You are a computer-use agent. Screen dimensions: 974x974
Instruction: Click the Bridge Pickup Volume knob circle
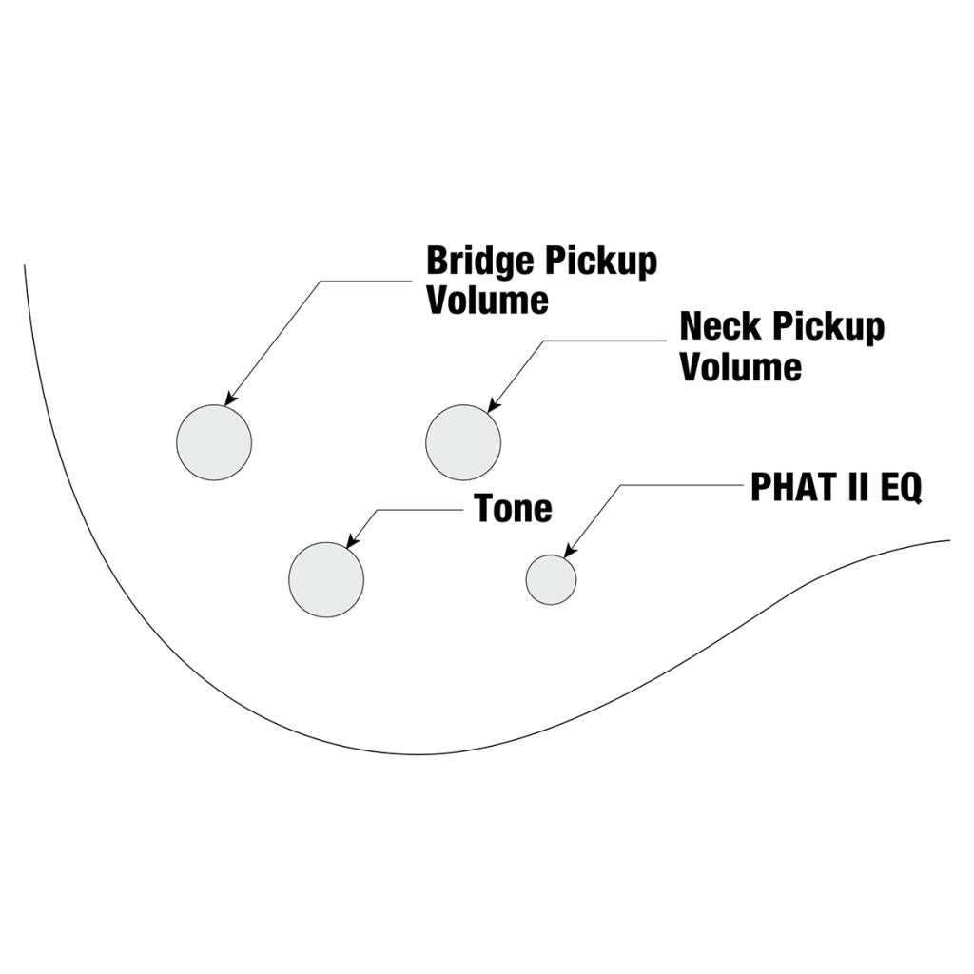point(214,442)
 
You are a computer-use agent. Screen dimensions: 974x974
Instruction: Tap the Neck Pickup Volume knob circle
point(463,442)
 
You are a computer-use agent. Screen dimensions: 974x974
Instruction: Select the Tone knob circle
point(326,579)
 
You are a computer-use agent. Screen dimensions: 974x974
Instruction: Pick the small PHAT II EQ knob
point(551,579)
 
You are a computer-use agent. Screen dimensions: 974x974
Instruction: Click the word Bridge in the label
point(479,262)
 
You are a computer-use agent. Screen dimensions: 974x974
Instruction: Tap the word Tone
point(514,509)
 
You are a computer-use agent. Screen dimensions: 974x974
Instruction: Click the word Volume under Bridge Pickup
point(487,301)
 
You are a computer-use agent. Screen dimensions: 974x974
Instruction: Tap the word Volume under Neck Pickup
point(740,366)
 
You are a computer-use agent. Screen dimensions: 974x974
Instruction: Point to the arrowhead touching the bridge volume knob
point(229,400)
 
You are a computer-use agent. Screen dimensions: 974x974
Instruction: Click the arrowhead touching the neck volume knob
point(493,407)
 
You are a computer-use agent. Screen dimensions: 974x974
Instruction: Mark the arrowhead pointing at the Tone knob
point(351,542)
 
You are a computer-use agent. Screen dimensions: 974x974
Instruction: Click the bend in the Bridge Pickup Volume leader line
point(321,282)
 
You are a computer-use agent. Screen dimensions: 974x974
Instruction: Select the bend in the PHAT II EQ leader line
point(621,486)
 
